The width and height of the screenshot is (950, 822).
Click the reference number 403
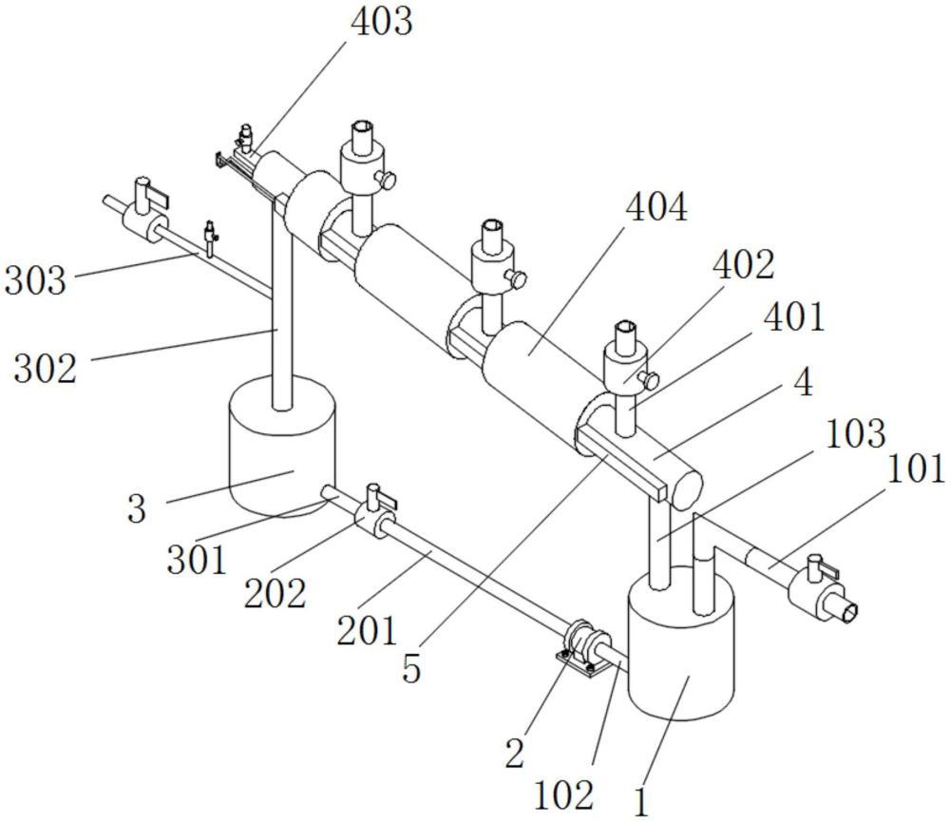(382, 22)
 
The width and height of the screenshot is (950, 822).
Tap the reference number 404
(656, 206)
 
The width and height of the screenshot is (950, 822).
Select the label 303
(35, 280)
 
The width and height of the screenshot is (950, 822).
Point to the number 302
(45, 367)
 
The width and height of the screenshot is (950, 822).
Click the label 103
(855, 434)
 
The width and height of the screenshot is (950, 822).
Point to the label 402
(747, 265)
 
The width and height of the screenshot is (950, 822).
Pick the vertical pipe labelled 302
(280, 314)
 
